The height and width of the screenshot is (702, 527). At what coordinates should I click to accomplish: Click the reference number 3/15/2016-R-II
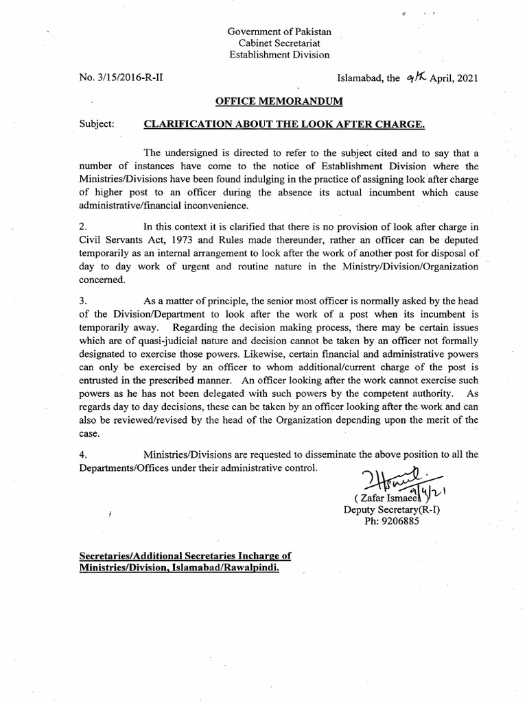pos(122,77)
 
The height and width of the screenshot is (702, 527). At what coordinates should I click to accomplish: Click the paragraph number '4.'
pos(83,455)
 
